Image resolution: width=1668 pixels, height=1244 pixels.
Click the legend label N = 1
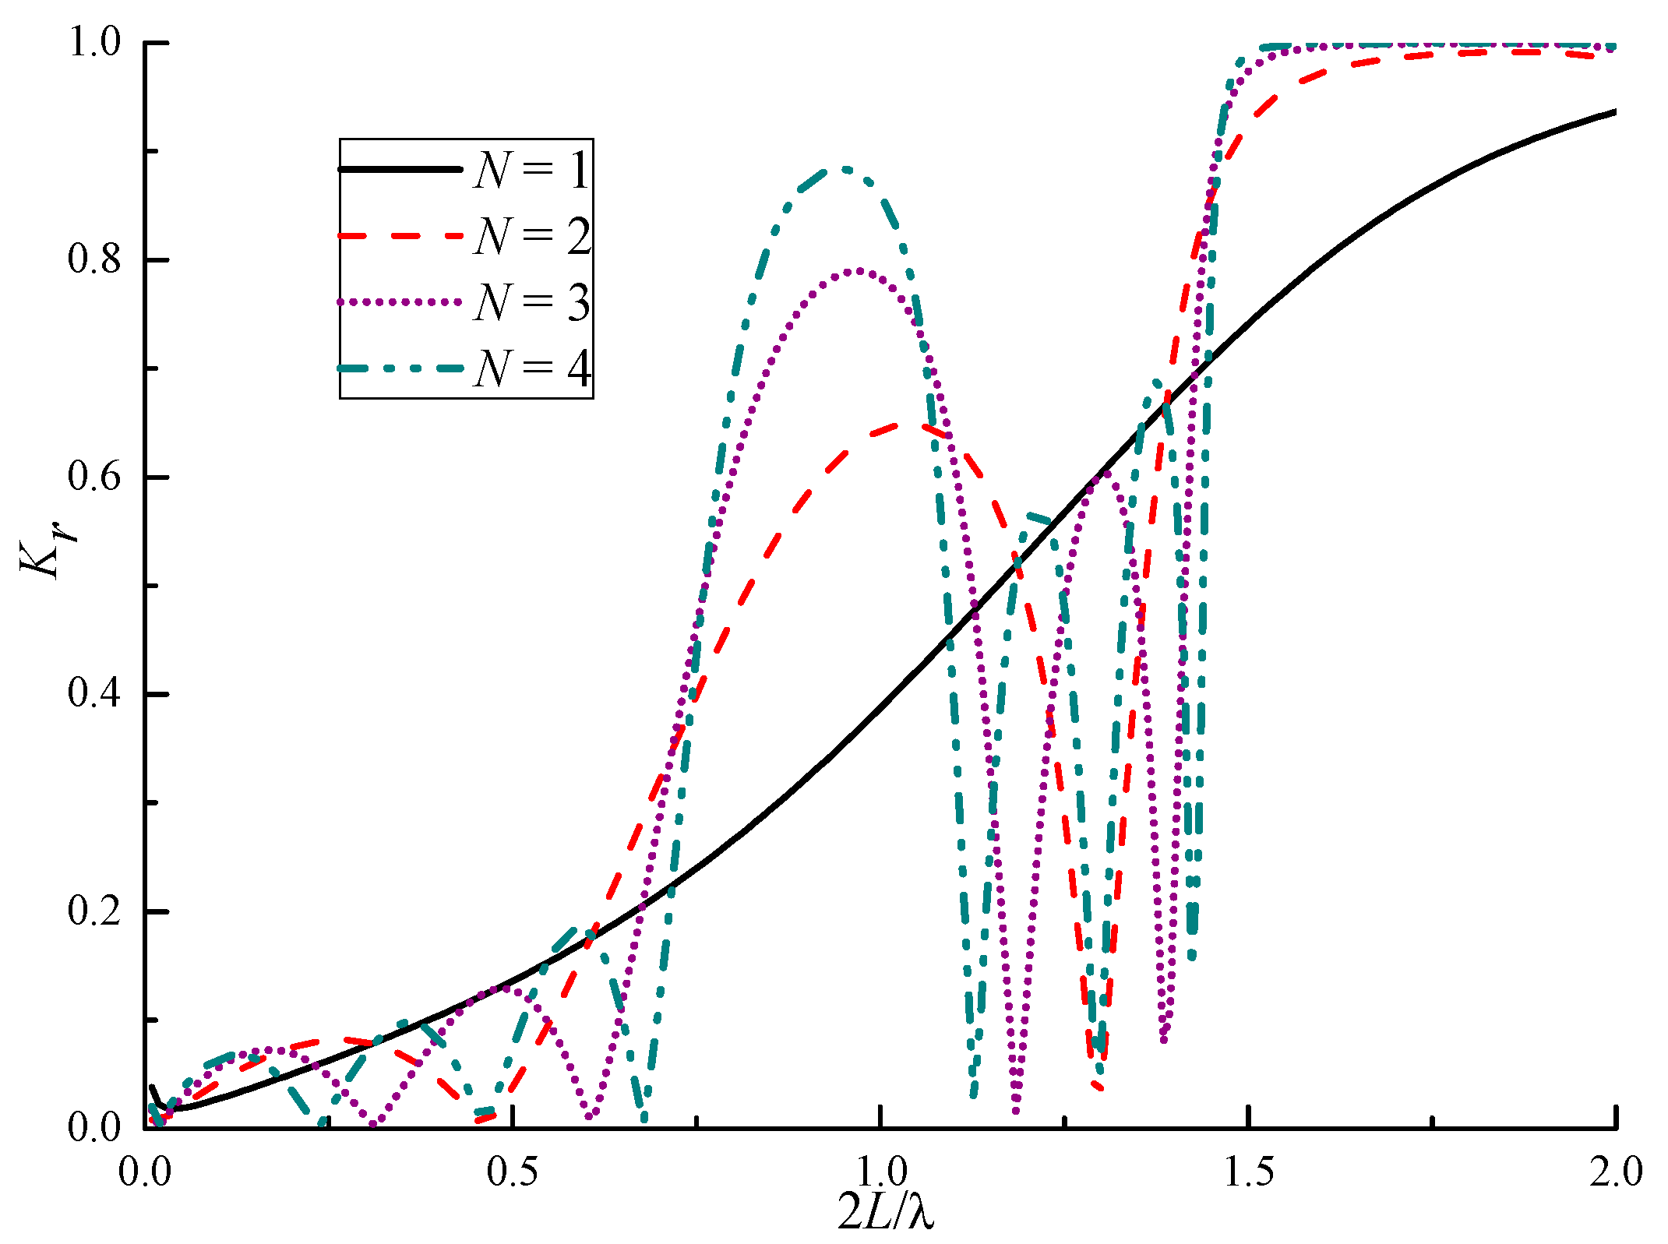tap(532, 170)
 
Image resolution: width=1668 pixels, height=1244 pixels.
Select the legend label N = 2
tap(532, 236)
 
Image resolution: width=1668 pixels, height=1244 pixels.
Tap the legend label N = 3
tap(532, 302)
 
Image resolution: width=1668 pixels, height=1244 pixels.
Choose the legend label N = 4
tap(532, 368)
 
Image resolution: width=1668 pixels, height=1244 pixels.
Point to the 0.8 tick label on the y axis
tap(95, 259)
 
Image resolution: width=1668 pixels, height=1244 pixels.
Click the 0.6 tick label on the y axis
tap(95, 476)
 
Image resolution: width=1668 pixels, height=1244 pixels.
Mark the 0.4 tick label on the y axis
tap(95, 693)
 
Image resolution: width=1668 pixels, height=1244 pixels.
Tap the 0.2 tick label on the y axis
tap(95, 911)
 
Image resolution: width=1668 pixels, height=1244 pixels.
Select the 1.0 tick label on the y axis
tap(95, 42)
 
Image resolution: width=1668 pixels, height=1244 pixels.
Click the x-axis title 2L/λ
tap(886, 1212)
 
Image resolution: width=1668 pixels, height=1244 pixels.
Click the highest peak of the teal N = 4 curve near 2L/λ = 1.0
tap(844, 168)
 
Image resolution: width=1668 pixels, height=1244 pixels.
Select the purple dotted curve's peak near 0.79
tap(858, 270)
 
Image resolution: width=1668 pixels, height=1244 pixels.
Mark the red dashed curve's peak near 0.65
tap(904, 425)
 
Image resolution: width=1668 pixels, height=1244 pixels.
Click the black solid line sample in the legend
tap(400, 169)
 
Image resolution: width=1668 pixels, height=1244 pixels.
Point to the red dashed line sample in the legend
tap(400, 235)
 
